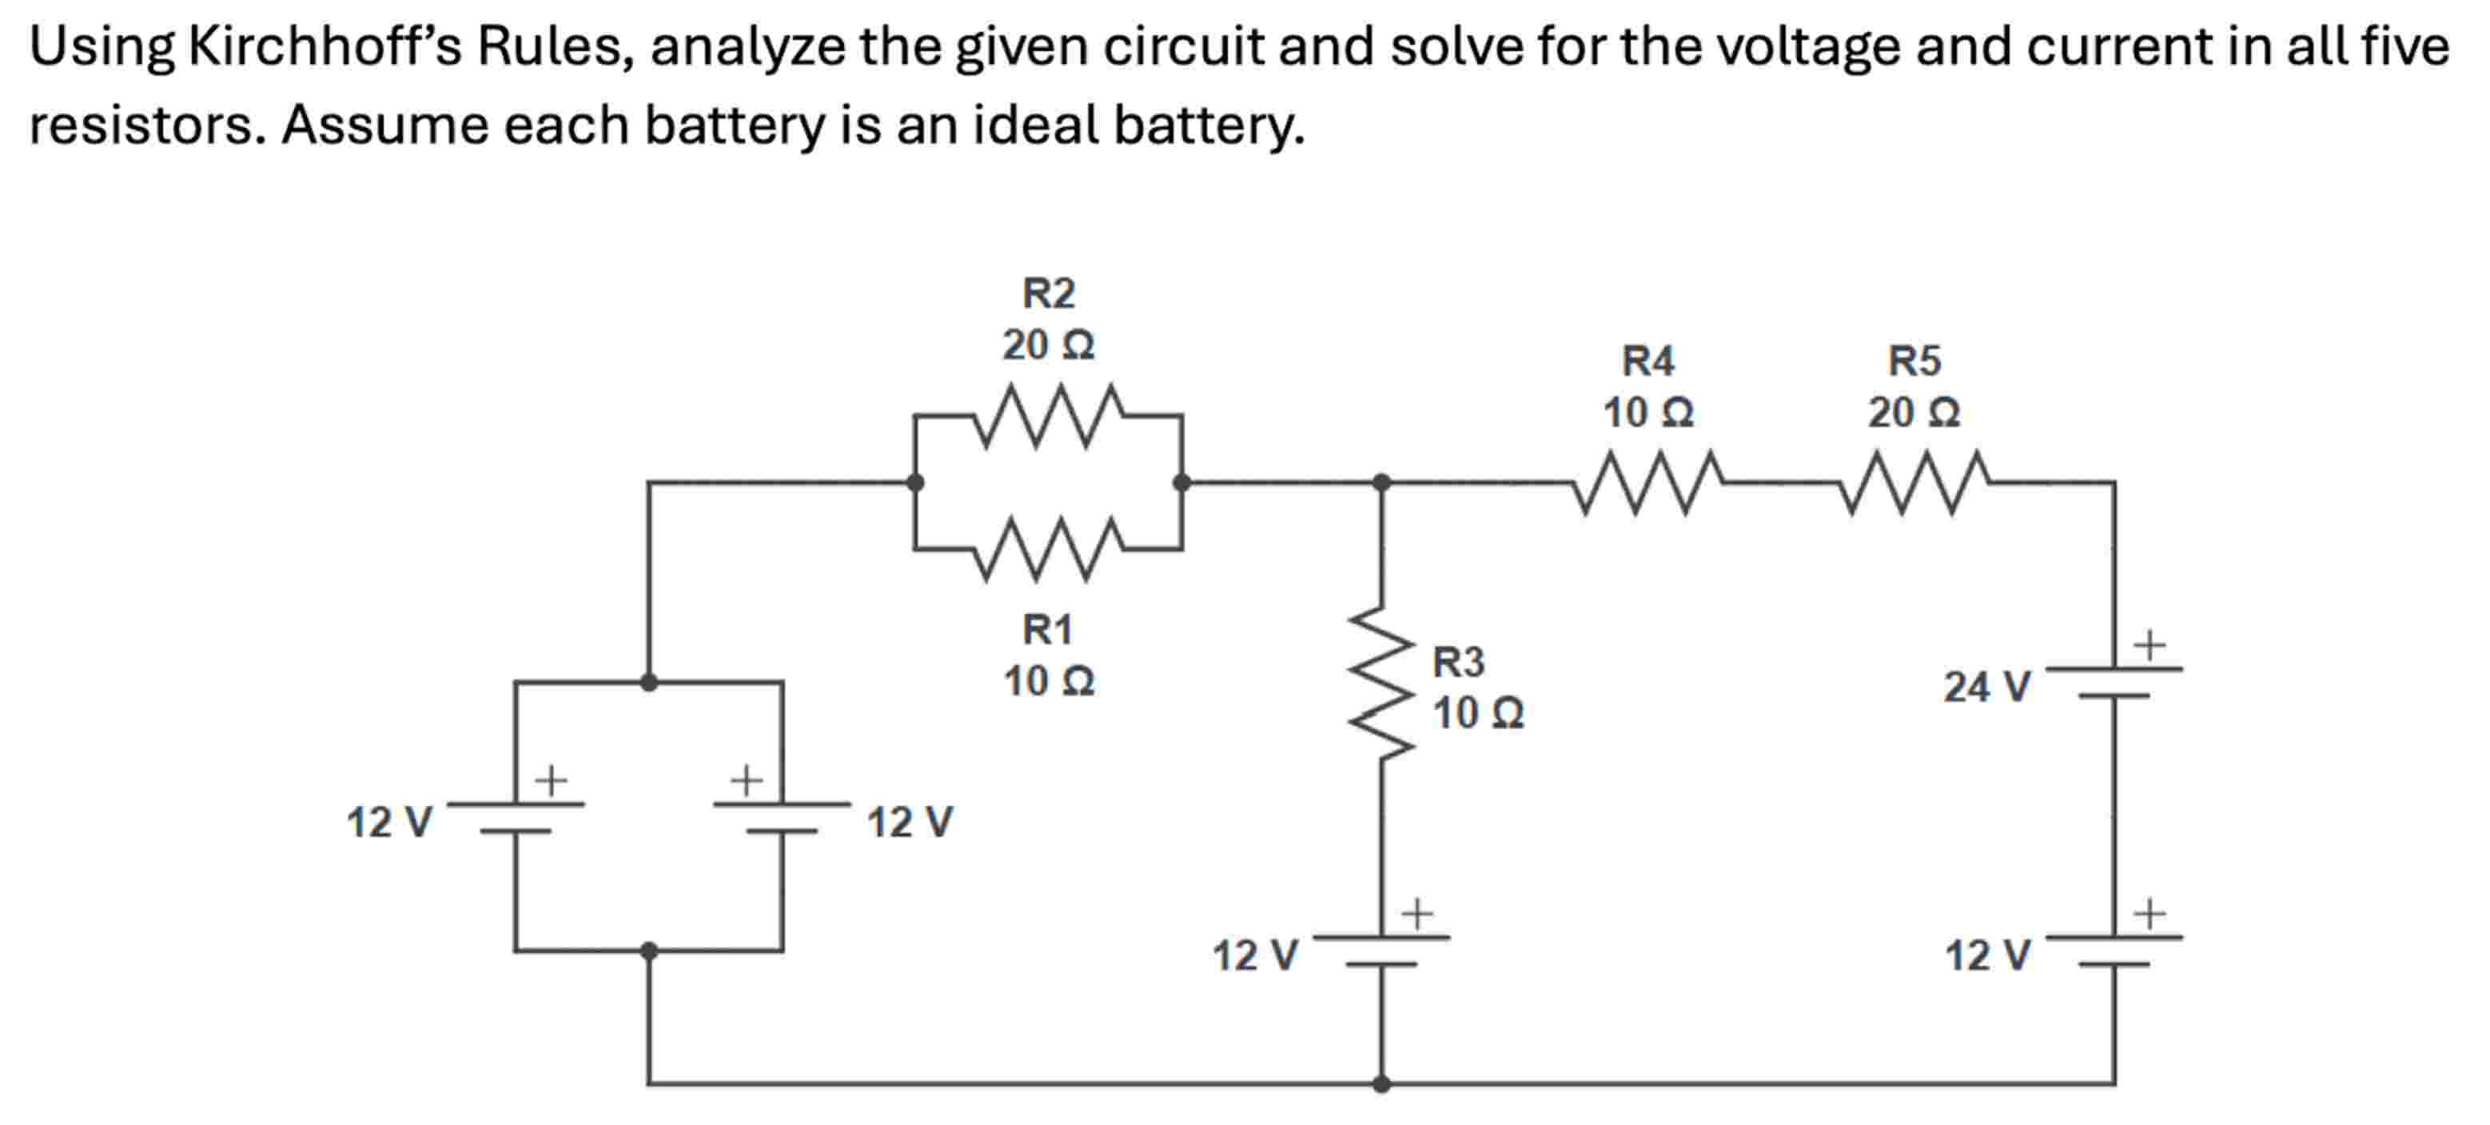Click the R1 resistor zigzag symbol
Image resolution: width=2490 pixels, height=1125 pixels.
1049,549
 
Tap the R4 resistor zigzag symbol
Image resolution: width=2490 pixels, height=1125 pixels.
1649,481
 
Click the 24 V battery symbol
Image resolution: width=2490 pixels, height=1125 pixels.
2114,681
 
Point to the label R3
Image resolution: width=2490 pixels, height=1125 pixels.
1458,663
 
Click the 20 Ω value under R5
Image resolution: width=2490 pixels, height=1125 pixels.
1914,413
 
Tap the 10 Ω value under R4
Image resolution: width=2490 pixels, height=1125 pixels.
1648,413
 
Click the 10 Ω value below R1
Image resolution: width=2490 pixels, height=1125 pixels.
1049,681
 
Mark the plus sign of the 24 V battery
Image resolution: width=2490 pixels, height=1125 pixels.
2149,644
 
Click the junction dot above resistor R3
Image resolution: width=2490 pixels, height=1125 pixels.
1382,481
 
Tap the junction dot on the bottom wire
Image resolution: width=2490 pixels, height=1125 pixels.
1382,1083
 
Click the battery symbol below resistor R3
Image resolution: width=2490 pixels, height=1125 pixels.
1382,950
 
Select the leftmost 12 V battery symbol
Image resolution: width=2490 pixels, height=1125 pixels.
516,816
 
